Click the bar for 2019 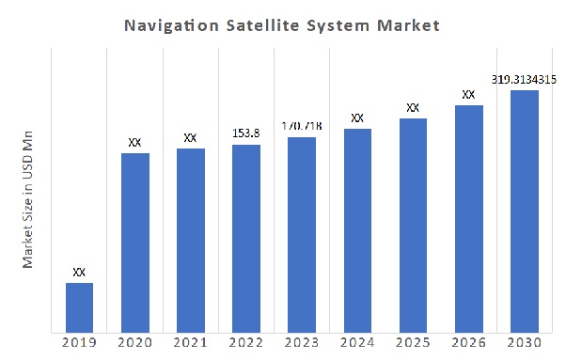[x=79, y=307]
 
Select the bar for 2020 [x=134, y=243]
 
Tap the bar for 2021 [x=190, y=241]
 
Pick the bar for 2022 [x=246, y=239]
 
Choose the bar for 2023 [x=302, y=235]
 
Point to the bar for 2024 [x=357, y=230]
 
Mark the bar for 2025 [x=413, y=226]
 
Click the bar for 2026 [x=468, y=219]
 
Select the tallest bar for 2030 [x=524, y=211]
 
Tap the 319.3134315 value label [x=524, y=79]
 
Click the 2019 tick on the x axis [x=79, y=345]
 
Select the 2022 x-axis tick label [x=246, y=345]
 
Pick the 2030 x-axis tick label [x=524, y=345]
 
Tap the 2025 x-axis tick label [x=413, y=345]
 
